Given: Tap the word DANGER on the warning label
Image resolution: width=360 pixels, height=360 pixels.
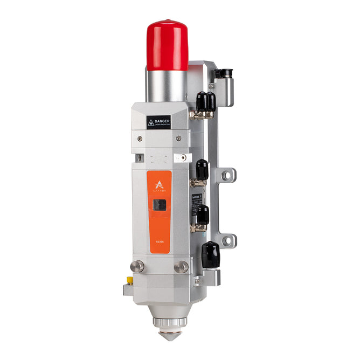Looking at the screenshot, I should pos(162,121).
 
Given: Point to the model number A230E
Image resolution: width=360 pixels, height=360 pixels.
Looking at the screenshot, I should pos(157,243).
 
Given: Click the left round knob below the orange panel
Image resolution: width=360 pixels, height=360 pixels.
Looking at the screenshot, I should pos(139,266).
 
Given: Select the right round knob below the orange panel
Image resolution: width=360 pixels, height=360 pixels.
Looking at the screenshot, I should pos(182,266).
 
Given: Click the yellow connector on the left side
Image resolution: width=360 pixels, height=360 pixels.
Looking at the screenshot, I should pos(129,280).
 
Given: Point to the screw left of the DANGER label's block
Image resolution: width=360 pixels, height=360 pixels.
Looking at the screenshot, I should pos(141,139).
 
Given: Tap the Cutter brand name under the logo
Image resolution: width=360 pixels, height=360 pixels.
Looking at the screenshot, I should pos(158,186).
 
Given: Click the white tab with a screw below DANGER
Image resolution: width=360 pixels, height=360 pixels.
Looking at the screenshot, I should pos(180,158).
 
